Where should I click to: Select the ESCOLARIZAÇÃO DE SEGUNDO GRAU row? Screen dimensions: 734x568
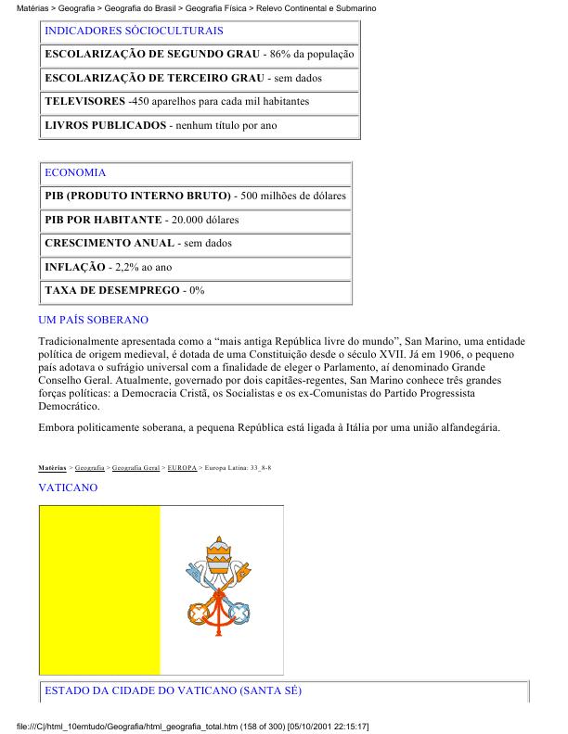click(200, 55)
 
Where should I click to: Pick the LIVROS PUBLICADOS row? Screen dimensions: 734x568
click(161, 125)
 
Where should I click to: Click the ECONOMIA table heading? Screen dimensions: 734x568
click(75, 172)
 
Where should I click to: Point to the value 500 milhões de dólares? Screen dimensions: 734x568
click(292, 196)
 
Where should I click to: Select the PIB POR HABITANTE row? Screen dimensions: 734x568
click(141, 221)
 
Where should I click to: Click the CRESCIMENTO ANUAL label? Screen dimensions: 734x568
click(110, 244)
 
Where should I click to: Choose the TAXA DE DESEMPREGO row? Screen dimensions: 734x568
click(124, 291)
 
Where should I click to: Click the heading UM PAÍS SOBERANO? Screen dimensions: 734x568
click(93, 320)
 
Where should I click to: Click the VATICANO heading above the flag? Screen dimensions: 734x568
click(68, 487)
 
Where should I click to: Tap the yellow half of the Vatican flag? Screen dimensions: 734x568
click(99, 592)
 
